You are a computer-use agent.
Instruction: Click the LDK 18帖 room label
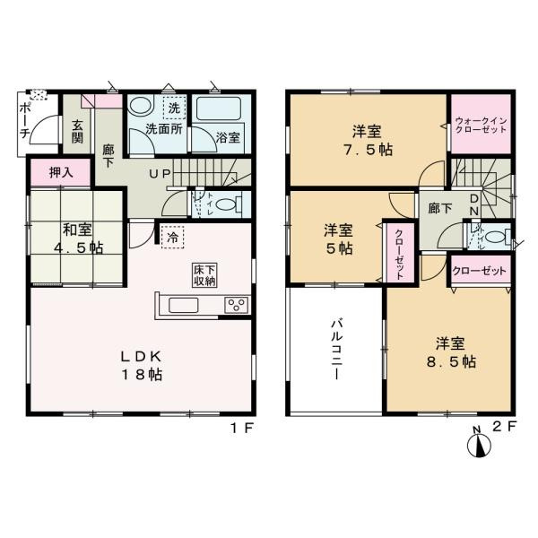[142, 365]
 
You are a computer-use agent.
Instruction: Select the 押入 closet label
[50, 171]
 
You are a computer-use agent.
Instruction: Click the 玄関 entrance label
[77, 132]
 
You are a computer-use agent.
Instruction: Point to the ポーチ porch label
[24, 120]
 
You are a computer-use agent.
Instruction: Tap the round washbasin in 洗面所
[139, 106]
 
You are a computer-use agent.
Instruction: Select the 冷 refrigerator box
[172, 238]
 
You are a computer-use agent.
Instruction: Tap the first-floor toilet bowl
[230, 204]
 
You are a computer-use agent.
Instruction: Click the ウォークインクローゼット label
[480, 123]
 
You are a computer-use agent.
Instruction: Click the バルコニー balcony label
[336, 350]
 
